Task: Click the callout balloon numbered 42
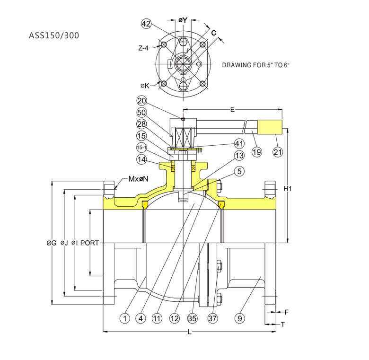146,24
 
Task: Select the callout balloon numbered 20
142,101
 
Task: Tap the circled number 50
142,112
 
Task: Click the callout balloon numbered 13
239,156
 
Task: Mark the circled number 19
256,152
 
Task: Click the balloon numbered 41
239,143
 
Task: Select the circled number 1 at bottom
124,318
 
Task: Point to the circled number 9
240,318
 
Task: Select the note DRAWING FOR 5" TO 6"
255,64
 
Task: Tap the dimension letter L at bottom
189,332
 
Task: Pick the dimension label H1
288,189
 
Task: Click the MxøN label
138,179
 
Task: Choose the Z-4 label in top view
144,48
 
